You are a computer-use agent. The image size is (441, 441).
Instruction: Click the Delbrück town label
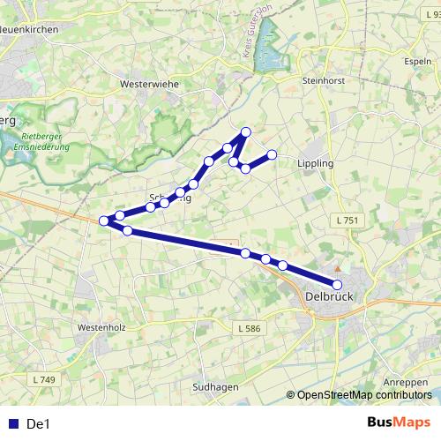coord(328,297)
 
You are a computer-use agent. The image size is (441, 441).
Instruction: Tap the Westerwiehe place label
coord(143,85)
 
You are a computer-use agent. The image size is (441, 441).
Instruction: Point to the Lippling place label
coord(315,164)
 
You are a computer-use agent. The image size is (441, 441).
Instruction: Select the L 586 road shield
coord(249,329)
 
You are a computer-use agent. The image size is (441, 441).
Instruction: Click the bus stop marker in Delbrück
coord(337,284)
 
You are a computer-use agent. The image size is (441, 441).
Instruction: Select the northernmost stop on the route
coord(246,132)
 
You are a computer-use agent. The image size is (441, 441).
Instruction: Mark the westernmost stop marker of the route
coord(104,220)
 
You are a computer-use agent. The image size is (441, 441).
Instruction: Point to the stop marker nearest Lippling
coord(272,154)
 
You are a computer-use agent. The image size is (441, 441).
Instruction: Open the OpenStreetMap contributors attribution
coord(361,395)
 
